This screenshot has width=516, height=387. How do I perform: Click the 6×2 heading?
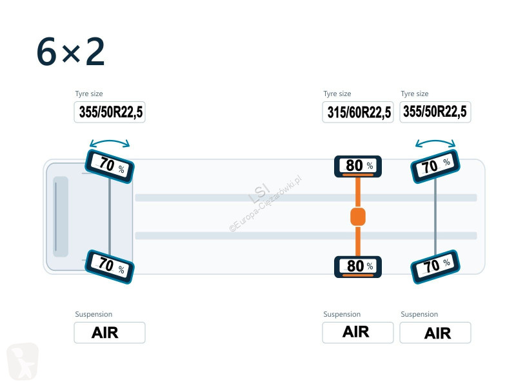71,52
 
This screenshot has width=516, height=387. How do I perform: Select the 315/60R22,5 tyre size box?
358,112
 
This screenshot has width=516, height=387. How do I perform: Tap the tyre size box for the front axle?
110,112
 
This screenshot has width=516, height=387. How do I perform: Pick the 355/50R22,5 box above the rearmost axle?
435,112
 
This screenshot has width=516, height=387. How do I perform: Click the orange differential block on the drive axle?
358,217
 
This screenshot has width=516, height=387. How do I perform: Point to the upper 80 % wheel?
358,166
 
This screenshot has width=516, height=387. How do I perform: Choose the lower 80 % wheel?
358,266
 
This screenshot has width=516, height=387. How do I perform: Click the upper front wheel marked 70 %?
110,166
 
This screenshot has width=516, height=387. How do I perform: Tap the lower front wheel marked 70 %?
110,266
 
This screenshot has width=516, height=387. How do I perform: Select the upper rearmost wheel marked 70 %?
435,166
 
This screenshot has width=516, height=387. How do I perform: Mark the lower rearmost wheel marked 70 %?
435,266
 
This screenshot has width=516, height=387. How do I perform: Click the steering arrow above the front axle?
110,141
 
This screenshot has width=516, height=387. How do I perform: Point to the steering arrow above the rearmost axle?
435,141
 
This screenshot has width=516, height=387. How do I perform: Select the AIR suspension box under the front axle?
110,333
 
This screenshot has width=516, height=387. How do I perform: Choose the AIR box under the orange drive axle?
358,333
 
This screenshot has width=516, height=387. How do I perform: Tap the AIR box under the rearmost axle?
435,333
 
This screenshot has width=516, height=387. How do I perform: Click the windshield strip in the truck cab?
61,217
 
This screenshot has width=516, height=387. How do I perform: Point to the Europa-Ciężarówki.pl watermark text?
265,204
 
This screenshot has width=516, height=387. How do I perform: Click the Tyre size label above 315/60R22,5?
337,94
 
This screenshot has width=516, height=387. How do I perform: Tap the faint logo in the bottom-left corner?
23,361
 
